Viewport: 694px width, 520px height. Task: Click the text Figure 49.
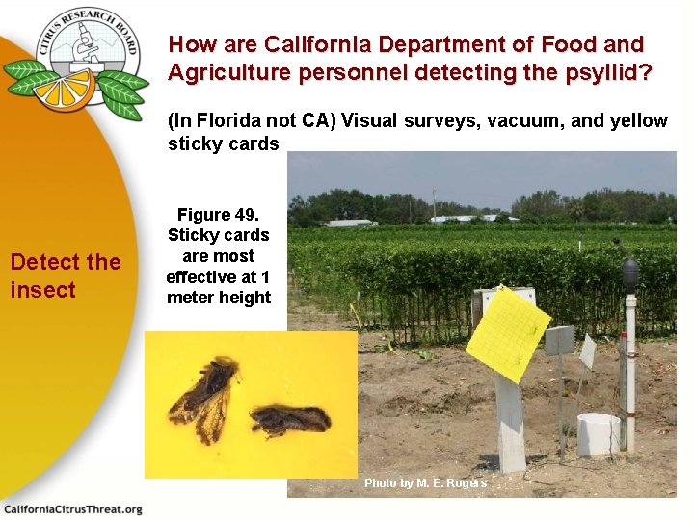pos(218,215)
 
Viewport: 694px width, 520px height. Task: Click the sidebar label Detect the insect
pos(65,275)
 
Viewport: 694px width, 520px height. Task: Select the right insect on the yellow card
pos(288,420)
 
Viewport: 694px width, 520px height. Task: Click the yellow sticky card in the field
pos(508,333)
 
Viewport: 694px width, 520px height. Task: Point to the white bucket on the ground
pos(598,434)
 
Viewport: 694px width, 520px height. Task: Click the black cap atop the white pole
pos(630,273)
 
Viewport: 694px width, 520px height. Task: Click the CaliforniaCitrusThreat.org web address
pos(73,509)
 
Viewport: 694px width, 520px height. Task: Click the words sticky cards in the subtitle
pos(223,144)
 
